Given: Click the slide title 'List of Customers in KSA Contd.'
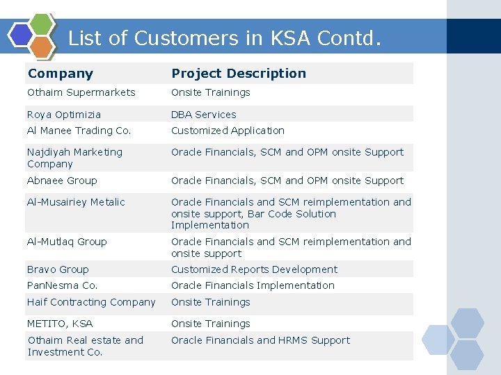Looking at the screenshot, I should pos(224,37).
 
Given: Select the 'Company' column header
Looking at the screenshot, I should pos(61,74).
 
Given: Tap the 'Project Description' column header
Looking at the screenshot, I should pos(239,74).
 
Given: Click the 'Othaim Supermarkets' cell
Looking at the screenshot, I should pos(81,92).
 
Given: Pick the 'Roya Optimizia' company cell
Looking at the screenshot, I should pos(64,115).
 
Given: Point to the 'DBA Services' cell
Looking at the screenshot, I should pos(204,115).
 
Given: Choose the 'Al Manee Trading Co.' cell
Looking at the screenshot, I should pos(79,131).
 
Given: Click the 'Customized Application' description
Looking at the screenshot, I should pos(228,131).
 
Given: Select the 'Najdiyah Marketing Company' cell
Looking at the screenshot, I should pos(74,158).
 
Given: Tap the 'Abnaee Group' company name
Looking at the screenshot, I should pos(62,181).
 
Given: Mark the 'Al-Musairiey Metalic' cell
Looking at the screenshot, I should pos(76,202).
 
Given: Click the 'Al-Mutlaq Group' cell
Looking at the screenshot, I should pos(67,242).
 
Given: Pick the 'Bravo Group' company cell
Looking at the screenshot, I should pos(58,269).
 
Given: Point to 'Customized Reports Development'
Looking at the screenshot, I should pos(254,269).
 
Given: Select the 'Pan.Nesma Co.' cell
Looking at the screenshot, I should pos(62,285).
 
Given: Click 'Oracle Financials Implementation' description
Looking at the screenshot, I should pos(253,285).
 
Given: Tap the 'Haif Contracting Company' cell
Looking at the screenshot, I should pos(91,302).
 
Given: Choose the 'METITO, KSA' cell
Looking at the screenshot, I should pos(60,324).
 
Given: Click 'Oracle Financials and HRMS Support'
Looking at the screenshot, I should pos(260,340).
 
